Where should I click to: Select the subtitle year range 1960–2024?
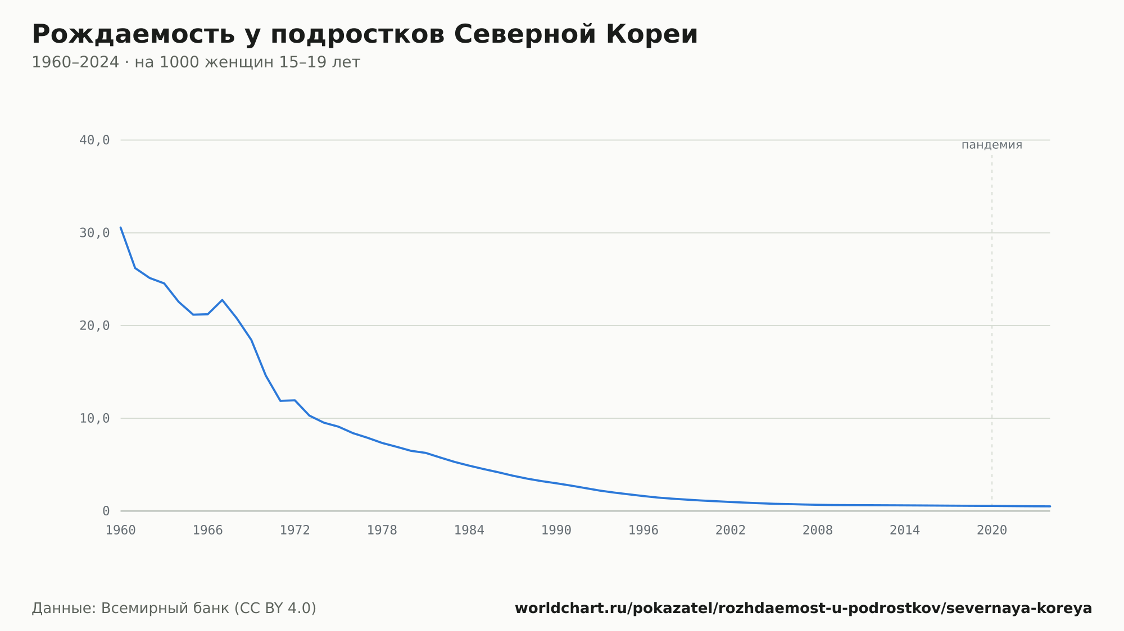tap(75, 62)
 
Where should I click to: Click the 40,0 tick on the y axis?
tap(94, 140)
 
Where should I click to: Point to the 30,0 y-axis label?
tap(94, 233)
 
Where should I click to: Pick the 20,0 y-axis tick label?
tap(94, 326)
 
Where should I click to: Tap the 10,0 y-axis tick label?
tap(94, 418)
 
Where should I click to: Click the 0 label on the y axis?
tap(106, 511)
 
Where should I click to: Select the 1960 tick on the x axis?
tap(121, 531)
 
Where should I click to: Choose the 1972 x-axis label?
tap(295, 531)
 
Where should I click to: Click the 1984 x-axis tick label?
tap(469, 531)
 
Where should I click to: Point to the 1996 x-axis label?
tap(643, 531)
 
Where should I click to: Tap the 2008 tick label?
tap(818, 531)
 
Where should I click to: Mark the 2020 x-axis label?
tap(992, 531)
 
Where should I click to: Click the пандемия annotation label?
tap(992, 145)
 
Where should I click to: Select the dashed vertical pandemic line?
tap(992, 330)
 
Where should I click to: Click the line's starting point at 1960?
tap(121, 227)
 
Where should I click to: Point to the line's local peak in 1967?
tap(223, 300)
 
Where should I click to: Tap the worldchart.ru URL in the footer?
tap(804, 609)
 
